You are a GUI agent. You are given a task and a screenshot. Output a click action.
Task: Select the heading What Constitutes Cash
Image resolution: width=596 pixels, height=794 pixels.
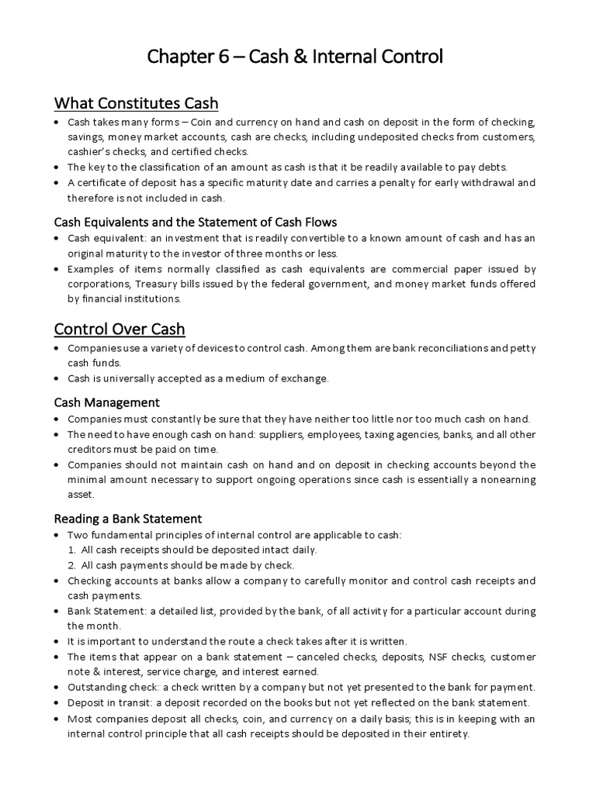coord(136,103)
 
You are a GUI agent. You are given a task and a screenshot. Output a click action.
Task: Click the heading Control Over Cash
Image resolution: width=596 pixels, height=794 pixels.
coord(120,328)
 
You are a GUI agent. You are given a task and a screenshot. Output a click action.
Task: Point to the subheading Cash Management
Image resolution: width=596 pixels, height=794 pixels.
coord(106,402)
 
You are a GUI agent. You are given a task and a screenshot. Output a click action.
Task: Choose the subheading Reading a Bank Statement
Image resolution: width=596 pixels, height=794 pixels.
coord(127,518)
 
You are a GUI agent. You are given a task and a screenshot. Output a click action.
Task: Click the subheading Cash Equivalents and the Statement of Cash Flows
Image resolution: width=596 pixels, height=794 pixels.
coord(196,222)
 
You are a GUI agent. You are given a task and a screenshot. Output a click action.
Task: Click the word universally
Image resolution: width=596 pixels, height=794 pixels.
coord(118,378)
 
